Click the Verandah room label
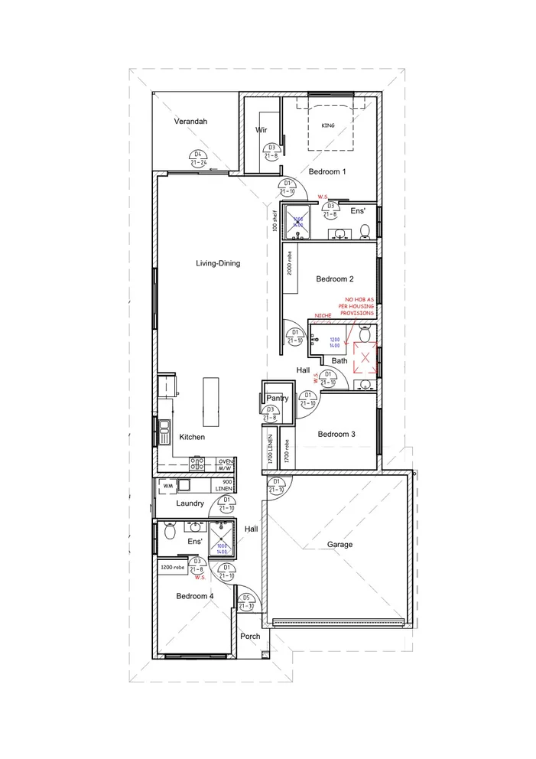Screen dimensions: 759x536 (190, 121)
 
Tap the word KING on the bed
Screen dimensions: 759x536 (328, 125)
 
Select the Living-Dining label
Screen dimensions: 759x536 (218, 263)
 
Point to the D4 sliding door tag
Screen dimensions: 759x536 (197, 158)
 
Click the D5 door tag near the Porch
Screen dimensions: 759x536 (246, 602)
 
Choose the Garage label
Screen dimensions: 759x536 (339, 545)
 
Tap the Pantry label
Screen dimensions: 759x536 (276, 399)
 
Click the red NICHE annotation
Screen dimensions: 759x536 (323, 314)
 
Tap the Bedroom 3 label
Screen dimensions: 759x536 (337, 435)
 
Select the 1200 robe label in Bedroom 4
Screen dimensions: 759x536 (172, 568)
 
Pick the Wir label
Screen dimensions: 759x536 (260, 130)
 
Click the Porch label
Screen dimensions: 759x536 (249, 636)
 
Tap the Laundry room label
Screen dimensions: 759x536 (190, 503)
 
